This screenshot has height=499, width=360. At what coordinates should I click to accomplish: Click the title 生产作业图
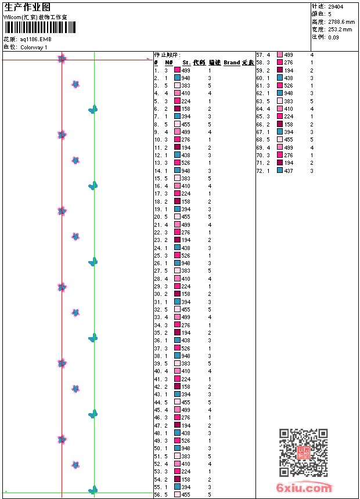point(27,7)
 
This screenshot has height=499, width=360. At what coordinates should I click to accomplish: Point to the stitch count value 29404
point(335,6)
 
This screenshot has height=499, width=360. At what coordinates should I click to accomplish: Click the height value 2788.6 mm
point(341,21)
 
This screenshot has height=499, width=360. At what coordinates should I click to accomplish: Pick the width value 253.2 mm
point(340,29)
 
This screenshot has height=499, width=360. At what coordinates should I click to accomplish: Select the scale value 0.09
point(333,37)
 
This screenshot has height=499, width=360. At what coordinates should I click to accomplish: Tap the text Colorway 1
point(34,48)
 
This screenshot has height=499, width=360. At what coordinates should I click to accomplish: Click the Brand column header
point(232,63)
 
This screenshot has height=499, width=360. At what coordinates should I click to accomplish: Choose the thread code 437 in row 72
point(289,171)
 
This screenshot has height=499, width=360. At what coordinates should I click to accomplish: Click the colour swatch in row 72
point(280,171)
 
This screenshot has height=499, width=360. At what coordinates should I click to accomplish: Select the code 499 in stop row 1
point(186,70)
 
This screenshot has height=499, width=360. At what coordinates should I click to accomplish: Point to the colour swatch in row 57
point(280,55)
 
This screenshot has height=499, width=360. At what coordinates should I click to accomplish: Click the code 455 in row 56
point(186,495)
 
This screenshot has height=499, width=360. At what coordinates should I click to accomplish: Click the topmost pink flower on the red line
point(62,59)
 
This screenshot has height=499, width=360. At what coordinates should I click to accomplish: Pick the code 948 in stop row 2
point(186,78)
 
